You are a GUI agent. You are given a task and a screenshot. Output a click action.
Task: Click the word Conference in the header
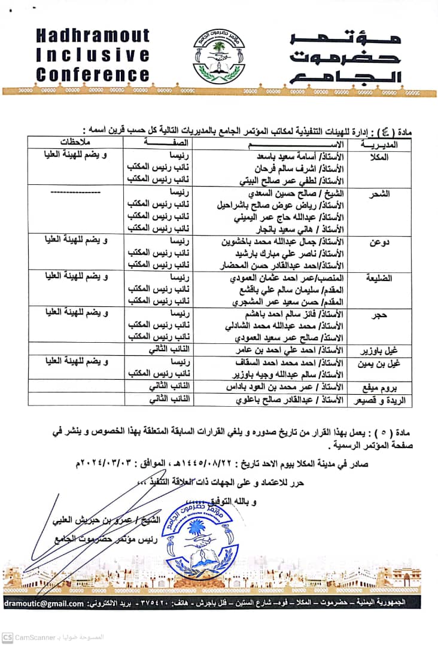point(93,75)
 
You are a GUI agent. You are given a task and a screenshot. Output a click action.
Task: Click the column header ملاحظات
point(76,145)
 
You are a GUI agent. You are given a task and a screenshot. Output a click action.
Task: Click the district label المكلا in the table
point(381,157)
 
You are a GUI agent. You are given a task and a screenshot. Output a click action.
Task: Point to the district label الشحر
point(381,194)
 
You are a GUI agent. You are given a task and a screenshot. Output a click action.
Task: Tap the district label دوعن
point(381,243)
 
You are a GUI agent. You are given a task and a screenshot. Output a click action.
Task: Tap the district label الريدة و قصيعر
point(376,399)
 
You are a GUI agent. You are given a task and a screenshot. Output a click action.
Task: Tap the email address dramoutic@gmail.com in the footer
point(44,604)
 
